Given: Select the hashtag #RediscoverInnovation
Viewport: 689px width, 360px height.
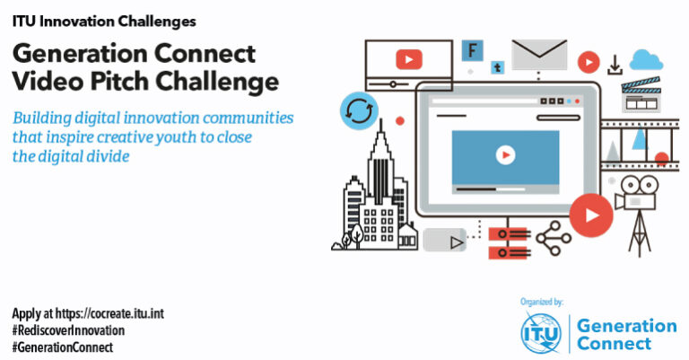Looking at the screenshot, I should [68, 330].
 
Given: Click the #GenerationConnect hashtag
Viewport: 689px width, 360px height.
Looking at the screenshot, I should [63, 347].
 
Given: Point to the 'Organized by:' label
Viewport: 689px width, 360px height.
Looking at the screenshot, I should [542, 302].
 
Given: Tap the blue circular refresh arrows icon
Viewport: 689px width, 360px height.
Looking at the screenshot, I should [358, 112].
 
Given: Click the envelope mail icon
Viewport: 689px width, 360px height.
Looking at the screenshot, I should [539, 55].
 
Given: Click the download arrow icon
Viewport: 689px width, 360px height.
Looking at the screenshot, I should [615, 65].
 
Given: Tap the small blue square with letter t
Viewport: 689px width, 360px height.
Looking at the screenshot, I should [496, 66].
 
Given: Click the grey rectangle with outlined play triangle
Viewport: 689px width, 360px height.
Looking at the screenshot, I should [446, 241].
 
